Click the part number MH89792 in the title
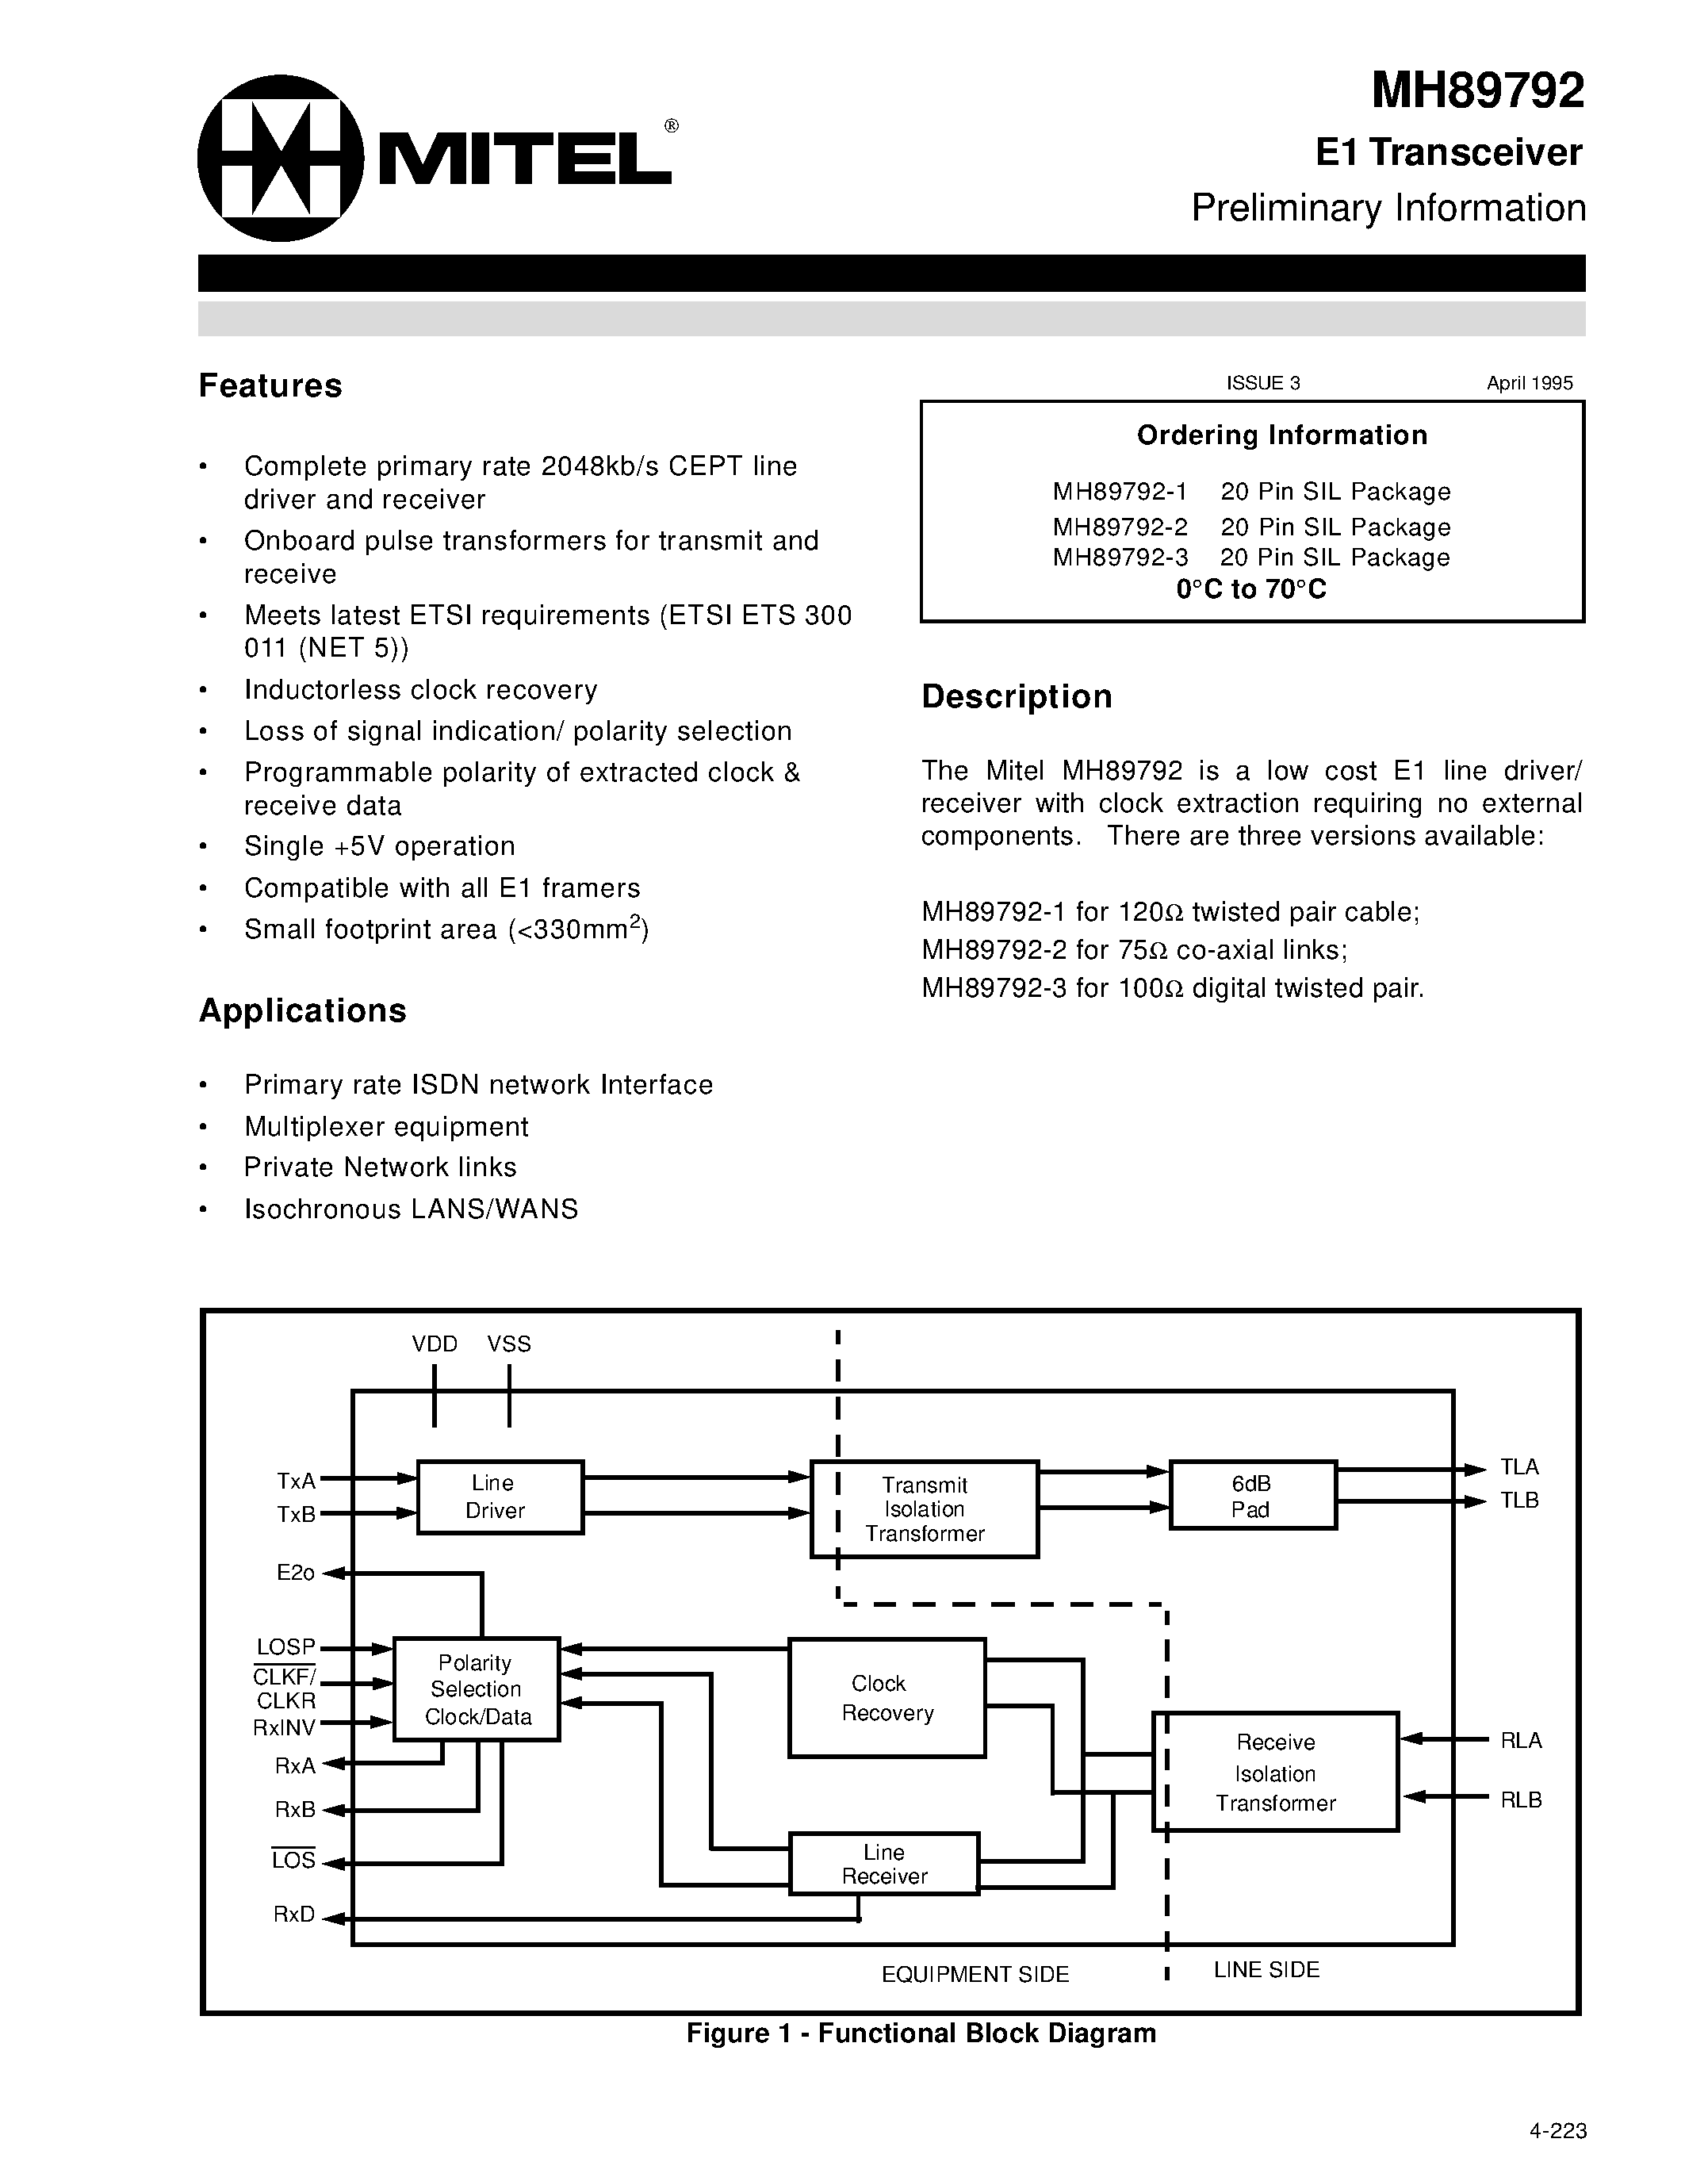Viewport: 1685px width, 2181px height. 1476,92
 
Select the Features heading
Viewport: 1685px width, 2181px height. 270,385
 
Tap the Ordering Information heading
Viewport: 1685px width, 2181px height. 1281,435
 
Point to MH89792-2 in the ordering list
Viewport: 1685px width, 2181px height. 1119,527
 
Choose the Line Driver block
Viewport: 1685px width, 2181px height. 499,1497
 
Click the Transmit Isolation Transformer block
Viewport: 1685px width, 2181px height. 925,1509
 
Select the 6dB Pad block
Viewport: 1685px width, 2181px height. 1252,1496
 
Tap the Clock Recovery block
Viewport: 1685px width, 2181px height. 887,1698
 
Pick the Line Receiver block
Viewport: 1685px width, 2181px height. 883,1864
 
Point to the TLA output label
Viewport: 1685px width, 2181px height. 1519,1467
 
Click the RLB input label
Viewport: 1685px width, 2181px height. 1520,1800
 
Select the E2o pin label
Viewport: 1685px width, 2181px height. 296,1573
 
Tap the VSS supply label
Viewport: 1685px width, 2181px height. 509,1344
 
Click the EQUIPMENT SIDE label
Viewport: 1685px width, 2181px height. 975,1974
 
